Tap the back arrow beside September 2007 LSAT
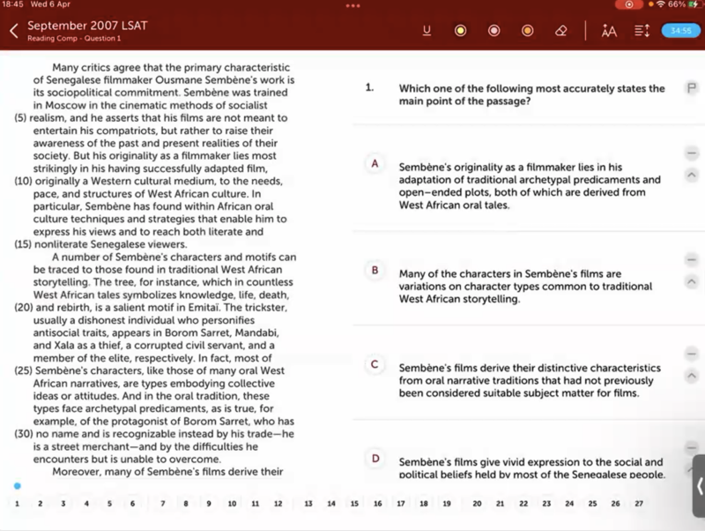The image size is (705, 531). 13,31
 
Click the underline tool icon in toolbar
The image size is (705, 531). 427,31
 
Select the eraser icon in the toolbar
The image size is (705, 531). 561,31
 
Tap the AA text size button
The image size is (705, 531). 609,31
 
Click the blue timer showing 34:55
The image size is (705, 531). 680,31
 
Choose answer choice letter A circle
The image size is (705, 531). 375,164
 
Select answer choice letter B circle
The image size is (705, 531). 375,270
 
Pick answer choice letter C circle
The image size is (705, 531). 375,364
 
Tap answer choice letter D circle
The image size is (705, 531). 375,459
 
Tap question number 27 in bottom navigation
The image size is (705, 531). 639,504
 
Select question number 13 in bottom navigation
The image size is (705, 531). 308,504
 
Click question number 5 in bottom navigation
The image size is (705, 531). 109,504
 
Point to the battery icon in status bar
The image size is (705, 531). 693,5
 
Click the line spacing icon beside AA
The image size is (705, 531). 642,31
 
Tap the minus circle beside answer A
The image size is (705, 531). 691,153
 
